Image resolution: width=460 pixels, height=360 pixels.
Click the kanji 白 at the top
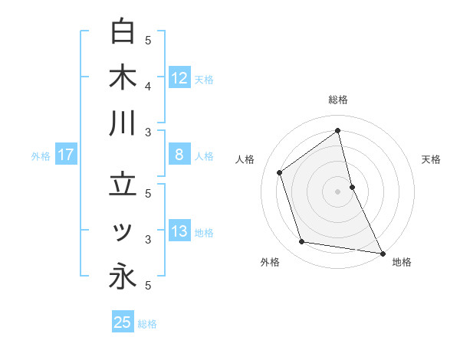tap(123, 31)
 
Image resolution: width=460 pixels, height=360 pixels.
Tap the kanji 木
tap(123, 78)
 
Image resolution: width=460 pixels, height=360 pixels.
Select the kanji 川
tap(123, 124)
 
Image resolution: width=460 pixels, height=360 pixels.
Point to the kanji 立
tap(123, 185)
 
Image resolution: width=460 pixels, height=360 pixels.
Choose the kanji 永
tap(123, 277)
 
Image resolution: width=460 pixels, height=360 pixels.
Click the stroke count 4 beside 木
tap(149, 87)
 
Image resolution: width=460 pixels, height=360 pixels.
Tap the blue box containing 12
tap(179, 78)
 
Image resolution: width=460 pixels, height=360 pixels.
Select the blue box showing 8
tap(179, 155)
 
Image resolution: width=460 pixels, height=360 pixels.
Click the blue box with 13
tap(179, 231)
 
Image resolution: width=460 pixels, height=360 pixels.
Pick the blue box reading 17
tap(66, 155)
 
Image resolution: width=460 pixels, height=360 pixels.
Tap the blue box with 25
tap(123, 322)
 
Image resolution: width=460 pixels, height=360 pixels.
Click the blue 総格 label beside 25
tap(147, 324)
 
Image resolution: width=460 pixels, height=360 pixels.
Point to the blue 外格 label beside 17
tap(41, 156)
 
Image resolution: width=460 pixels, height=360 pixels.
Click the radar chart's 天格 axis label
tap(431, 159)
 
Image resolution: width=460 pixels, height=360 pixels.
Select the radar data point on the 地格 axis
tap(381, 252)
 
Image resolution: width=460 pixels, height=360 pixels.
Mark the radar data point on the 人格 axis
tap(280, 172)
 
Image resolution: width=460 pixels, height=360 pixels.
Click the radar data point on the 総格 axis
tap(338, 130)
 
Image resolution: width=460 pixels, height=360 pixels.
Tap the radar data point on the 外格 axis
tap(302, 242)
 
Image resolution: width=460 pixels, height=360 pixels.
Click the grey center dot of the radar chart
tap(338, 191)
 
